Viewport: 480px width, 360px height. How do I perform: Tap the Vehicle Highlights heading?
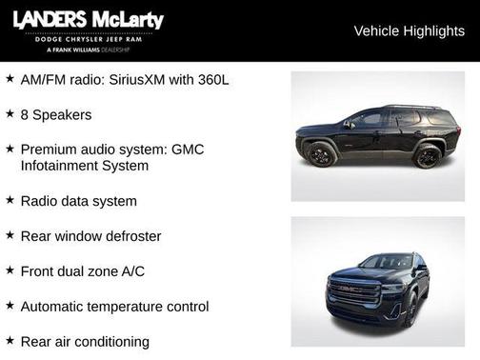(x=409, y=30)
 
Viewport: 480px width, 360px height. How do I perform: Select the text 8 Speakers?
(x=56, y=114)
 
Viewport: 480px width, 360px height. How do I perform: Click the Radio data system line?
(x=78, y=201)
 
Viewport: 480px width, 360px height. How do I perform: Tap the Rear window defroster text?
(x=90, y=236)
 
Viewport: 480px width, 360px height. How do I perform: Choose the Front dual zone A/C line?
(x=83, y=271)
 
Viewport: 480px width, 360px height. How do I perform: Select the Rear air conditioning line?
(x=85, y=341)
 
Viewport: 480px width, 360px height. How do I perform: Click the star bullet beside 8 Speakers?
(x=10, y=113)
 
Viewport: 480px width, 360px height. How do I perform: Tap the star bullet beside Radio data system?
(x=10, y=200)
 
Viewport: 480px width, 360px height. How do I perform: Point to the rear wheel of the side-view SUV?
(x=428, y=156)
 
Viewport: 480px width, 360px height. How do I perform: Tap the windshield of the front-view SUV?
(x=386, y=261)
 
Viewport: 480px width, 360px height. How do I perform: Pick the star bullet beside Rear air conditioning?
(x=10, y=340)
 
